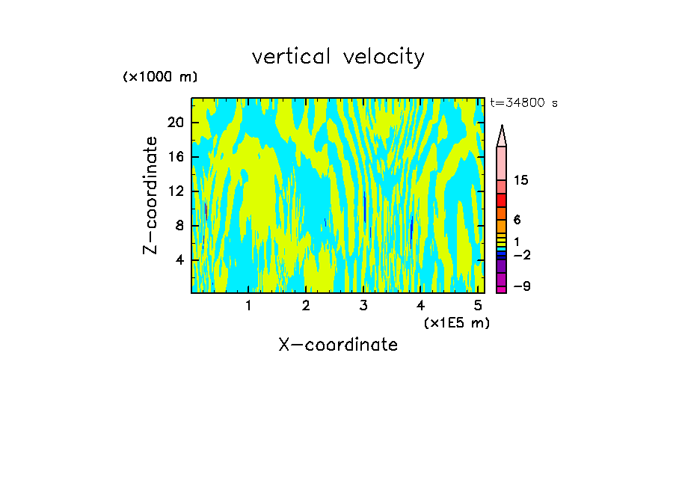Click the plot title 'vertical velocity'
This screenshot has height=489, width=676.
[338, 57]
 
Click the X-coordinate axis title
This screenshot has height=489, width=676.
[338, 345]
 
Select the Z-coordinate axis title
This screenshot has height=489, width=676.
[151, 195]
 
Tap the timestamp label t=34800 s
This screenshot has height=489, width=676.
[524, 103]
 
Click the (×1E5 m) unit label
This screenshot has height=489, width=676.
[456, 322]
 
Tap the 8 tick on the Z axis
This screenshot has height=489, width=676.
[180, 226]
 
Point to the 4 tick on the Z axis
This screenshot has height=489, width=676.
[180, 260]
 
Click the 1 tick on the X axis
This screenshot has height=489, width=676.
[248, 306]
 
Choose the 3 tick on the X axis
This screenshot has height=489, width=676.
[363, 306]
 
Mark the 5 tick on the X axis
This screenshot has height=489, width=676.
[478, 306]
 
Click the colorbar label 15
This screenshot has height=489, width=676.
[522, 181]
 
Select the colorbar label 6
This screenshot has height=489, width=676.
[517, 220]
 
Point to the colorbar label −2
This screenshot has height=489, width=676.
[522, 256]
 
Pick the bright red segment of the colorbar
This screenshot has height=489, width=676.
[502, 200]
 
